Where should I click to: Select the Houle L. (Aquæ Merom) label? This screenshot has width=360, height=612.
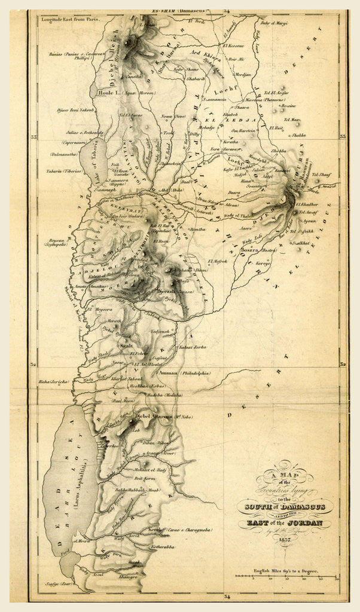(120, 94)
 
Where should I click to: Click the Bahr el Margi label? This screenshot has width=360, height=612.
(274, 23)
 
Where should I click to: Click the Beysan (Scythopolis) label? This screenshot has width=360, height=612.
(60, 241)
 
